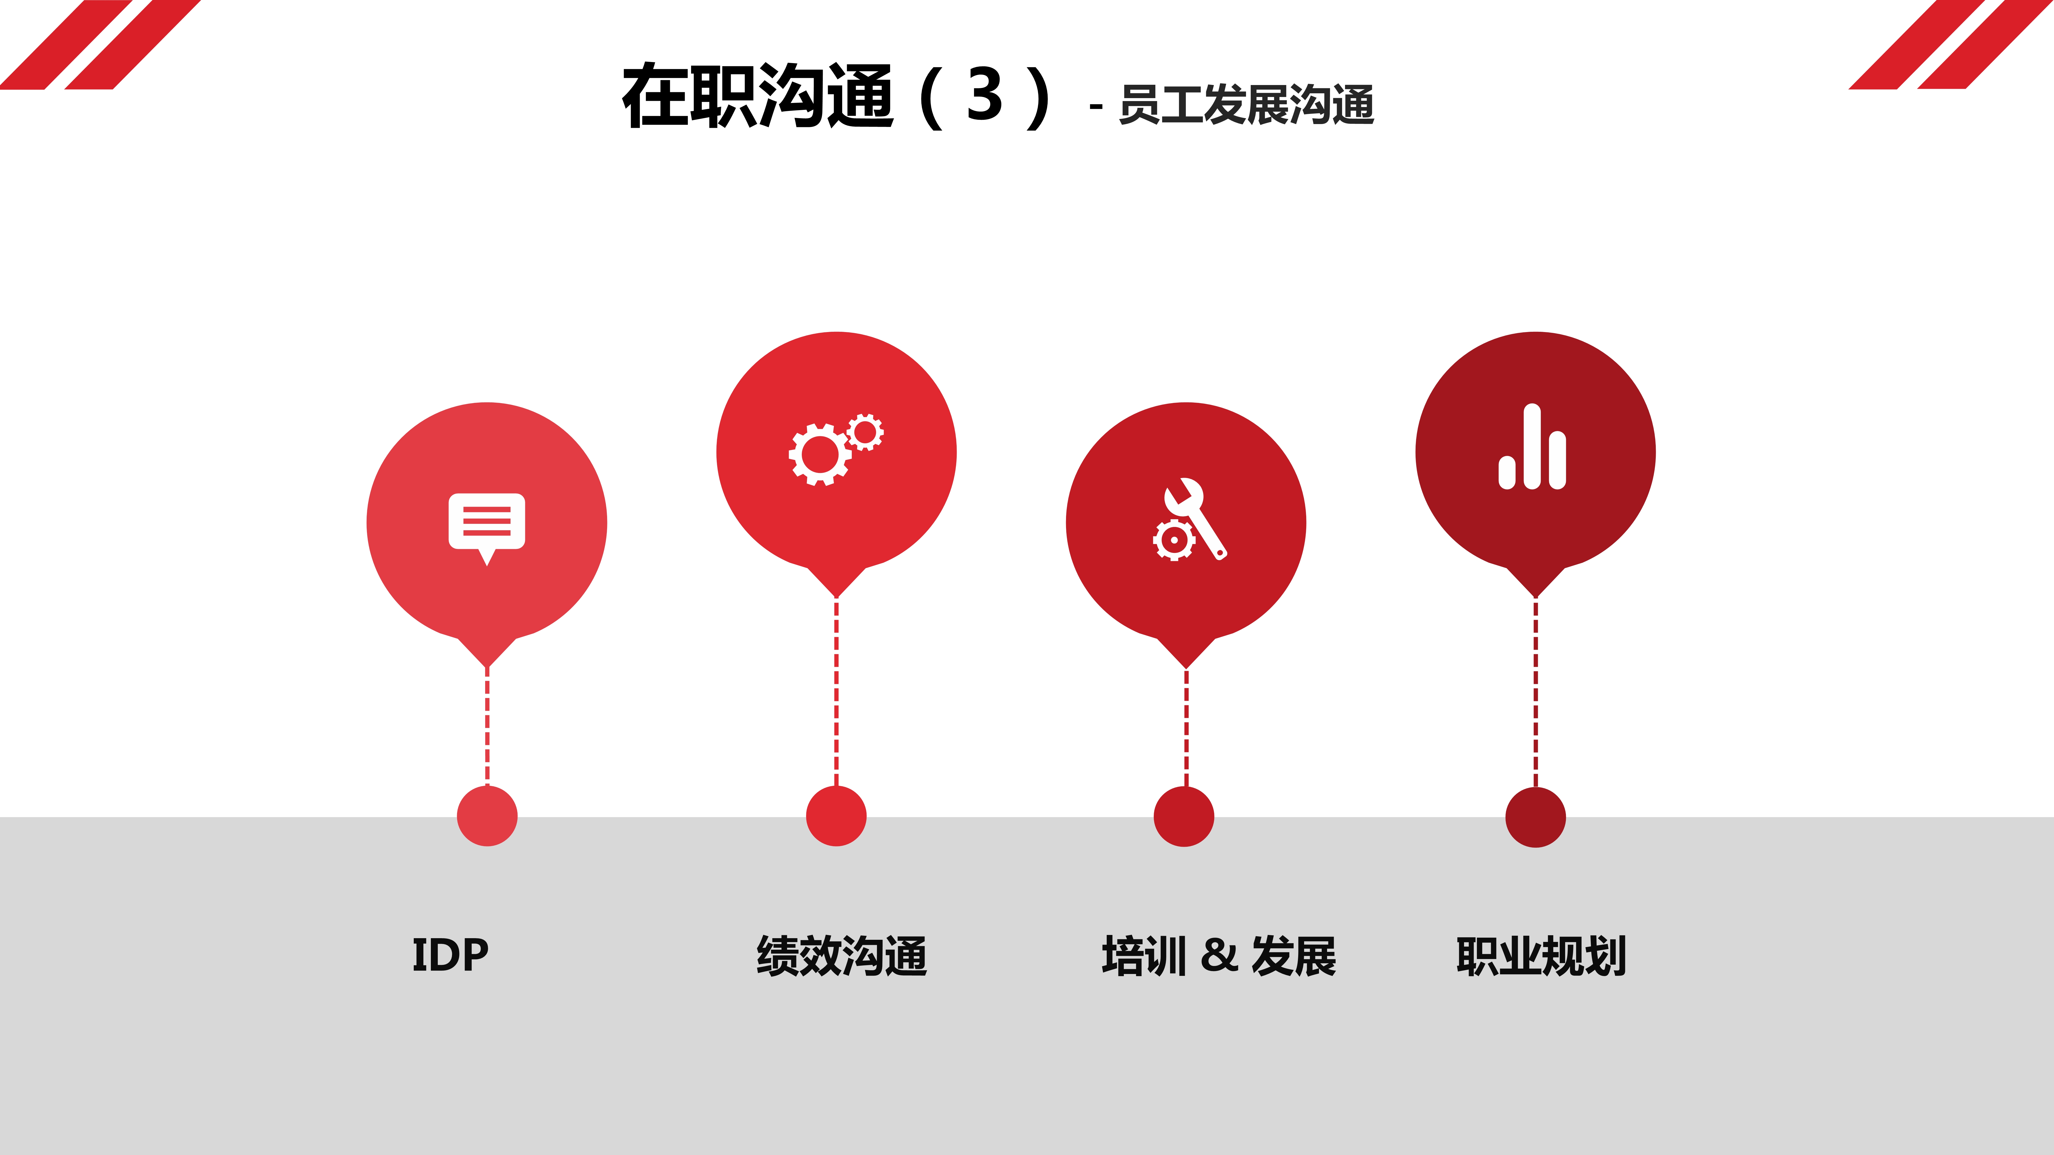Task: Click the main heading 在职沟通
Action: pyautogui.click(x=757, y=96)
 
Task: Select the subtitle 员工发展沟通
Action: pyautogui.click(x=1247, y=105)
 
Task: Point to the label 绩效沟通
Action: pyautogui.click(x=842, y=956)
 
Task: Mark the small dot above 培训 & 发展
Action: pyautogui.click(x=1184, y=816)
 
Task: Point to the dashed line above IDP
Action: pyautogui.click(x=487, y=727)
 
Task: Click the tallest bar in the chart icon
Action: pyautogui.click(x=1532, y=446)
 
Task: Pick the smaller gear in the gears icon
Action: pyautogui.click(x=865, y=432)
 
